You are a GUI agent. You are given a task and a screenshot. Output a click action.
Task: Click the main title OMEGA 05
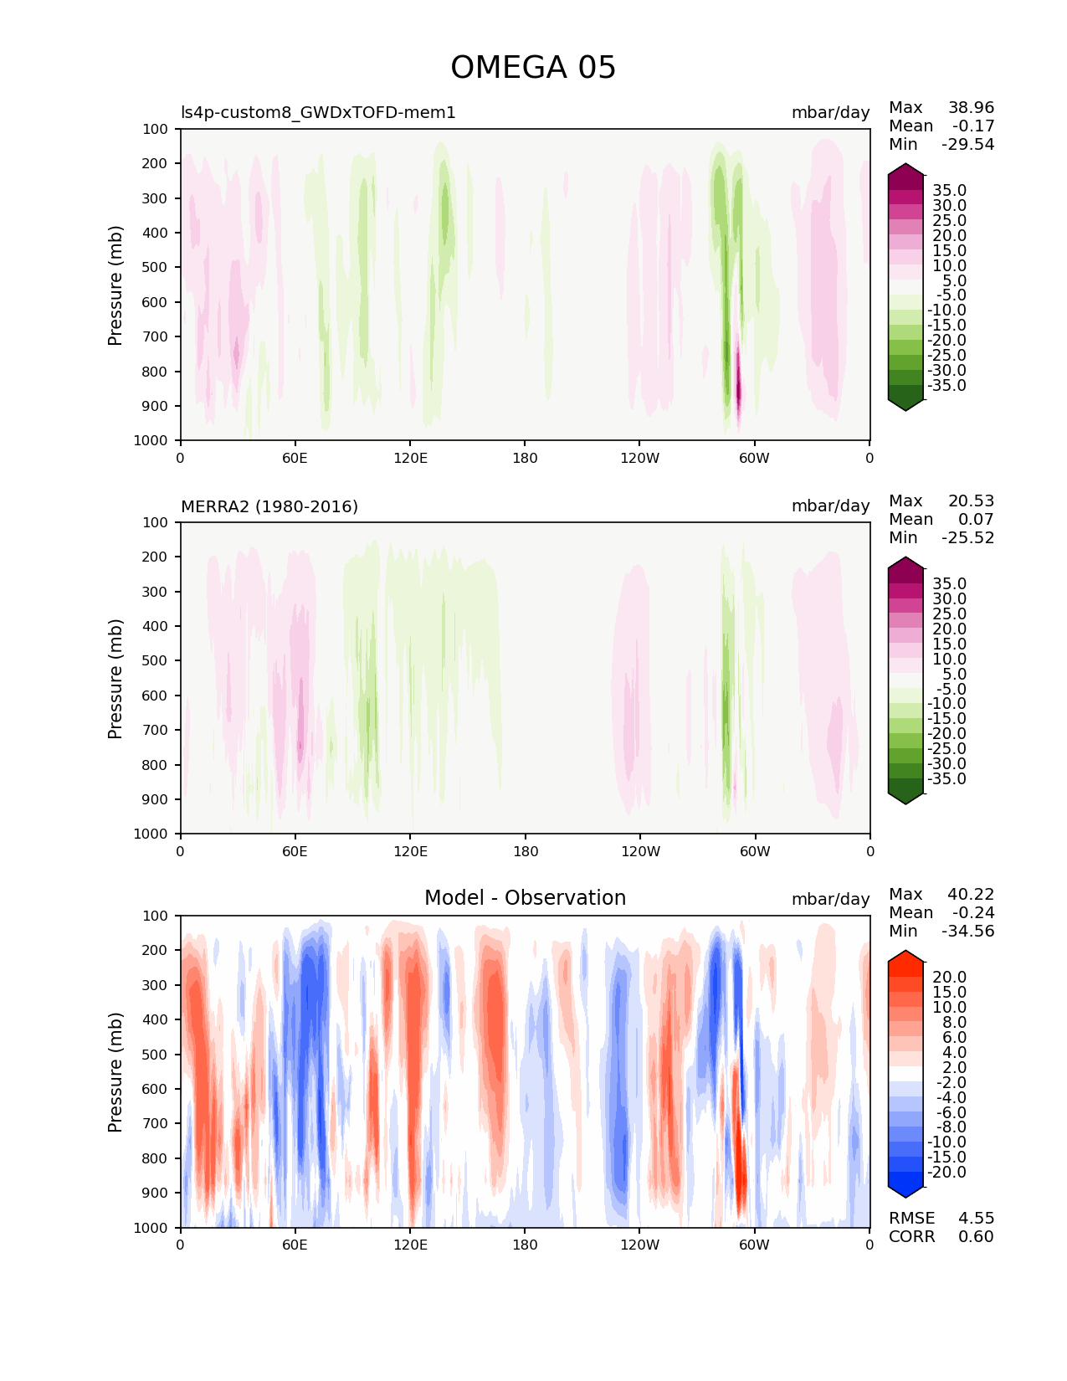tap(533, 68)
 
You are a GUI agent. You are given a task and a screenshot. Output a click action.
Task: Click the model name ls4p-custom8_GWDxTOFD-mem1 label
tap(318, 113)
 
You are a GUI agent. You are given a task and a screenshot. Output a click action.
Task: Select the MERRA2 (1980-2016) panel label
tap(269, 506)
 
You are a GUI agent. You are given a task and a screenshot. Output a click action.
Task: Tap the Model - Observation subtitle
tap(525, 898)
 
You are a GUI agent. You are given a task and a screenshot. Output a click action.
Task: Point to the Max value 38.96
tap(971, 108)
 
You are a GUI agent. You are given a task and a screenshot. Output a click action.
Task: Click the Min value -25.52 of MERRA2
tap(967, 538)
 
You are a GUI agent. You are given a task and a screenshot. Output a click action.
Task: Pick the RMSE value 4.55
tap(976, 1219)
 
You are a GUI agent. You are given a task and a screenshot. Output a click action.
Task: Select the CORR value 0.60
tap(976, 1237)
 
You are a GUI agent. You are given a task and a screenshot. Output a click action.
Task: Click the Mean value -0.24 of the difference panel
tap(972, 913)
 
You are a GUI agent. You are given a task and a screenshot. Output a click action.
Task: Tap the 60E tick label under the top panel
tap(295, 458)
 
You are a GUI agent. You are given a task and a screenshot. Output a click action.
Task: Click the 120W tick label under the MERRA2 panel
tap(640, 851)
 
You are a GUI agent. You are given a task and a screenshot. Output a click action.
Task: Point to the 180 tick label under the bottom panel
tap(525, 1245)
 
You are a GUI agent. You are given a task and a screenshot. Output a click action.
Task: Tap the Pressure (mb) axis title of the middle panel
tap(115, 678)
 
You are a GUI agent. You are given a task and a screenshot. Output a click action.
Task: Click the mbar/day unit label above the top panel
tap(830, 113)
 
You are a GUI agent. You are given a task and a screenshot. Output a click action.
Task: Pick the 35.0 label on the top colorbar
tap(949, 191)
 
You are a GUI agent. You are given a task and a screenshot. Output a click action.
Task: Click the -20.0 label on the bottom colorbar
tap(946, 1173)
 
